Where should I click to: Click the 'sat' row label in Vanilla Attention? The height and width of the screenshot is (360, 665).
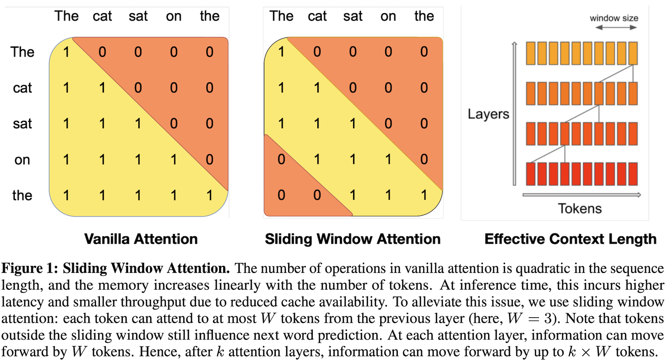tap(22, 124)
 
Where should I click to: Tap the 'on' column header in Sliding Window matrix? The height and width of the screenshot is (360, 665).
tap(388, 16)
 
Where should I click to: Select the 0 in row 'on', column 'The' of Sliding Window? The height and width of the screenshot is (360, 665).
tap(281, 159)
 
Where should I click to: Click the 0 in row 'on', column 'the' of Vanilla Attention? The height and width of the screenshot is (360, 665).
tap(210, 159)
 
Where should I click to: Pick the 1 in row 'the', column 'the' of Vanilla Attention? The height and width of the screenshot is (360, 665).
tap(210, 195)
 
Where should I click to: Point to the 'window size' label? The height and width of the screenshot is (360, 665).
tap(614, 18)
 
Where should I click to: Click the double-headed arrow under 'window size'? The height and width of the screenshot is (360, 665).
tap(616, 28)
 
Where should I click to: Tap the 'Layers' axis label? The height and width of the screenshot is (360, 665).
tap(488, 114)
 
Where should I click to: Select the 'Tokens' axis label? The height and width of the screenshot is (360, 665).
tap(580, 209)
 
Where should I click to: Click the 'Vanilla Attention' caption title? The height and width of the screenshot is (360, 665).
tap(141, 239)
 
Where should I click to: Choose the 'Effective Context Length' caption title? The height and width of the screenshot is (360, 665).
tap(570, 239)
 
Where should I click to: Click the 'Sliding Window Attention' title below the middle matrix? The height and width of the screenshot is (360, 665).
tap(352, 239)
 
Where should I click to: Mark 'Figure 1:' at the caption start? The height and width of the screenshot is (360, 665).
tap(30, 268)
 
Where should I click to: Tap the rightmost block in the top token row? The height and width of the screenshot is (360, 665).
tap(633, 53)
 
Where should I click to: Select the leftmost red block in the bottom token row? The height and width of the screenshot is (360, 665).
tap(531, 174)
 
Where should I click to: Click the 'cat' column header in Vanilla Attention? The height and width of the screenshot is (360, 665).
tap(102, 16)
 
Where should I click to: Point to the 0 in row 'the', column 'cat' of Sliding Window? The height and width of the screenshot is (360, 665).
tap(317, 195)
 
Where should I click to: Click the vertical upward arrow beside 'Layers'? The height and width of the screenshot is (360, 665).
tap(514, 113)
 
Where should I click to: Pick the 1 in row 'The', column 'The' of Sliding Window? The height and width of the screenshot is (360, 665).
tap(281, 52)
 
